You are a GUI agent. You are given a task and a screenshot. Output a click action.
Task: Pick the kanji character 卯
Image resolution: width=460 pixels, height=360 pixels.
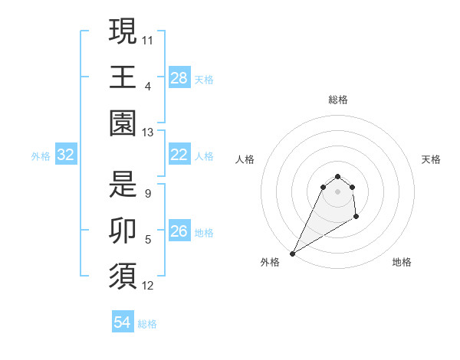pyautogui.click(x=123, y=232)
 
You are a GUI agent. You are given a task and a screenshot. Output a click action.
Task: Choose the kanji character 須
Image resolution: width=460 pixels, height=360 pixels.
pyautogui.click(x=123, y=278)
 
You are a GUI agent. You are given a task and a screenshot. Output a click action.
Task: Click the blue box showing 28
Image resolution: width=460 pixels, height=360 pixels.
pyautogui.click(x=179, y=77)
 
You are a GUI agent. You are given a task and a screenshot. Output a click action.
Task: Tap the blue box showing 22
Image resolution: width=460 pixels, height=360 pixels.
pyautogui.click(x=179, y=155)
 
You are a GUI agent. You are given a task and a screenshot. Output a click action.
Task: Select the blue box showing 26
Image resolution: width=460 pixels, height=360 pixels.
pyautogui.click(x=179, y=231)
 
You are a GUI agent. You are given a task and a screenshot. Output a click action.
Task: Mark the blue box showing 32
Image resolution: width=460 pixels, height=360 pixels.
pyautogui.click(x=66, y=155)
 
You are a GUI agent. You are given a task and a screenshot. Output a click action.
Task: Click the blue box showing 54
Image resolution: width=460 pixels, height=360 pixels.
pyautogui.click(x=123, y=322)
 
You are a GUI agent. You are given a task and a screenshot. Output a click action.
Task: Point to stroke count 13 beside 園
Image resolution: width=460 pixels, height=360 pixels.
pyautogui.click(x=148, y=133)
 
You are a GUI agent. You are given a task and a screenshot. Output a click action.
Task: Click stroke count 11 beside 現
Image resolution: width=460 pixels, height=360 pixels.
pyautogui.click(x=148, y=38)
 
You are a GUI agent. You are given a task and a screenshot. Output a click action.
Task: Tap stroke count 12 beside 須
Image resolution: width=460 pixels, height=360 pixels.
pyautogui.click(x=148, y=286)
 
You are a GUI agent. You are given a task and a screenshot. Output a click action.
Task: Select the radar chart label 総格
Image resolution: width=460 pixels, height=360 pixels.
pyautogui.click(x=337, y=100)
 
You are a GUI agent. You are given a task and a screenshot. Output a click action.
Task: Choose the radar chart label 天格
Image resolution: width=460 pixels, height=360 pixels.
pyautogui.click(x=431, y=159)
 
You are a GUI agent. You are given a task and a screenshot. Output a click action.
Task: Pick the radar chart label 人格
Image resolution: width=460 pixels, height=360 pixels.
pyautogui.click(x=245, y=159)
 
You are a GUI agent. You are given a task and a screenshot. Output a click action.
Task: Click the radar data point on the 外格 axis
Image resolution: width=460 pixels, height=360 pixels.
pyautogui.click(x=292, y=254)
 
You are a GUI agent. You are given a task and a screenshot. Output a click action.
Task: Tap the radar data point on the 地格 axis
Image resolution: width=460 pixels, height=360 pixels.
pyautogui.click(x=356, y=218)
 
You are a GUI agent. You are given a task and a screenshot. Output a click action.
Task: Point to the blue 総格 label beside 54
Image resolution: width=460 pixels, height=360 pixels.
pyautogui.click(x=147, y=324)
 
